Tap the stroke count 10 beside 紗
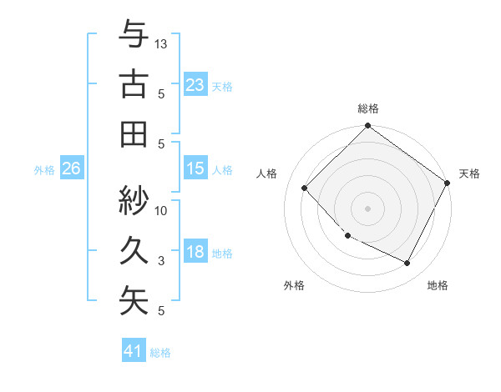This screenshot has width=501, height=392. coord(162,210)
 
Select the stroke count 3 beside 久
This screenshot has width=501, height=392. coord(162,261)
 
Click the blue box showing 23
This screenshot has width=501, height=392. coord(195,85)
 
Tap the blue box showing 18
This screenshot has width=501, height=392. coord(195,253)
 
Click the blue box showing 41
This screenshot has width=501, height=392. coord(134,351)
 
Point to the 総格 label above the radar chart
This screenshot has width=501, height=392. coord(368,108)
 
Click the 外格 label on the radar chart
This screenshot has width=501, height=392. coord(294,285)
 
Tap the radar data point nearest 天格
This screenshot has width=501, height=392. coord(448,183)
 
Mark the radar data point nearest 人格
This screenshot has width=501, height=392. coord(305,188)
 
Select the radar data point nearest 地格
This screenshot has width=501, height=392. coord(407,263)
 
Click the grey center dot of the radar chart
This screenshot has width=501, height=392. coord(368,209)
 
